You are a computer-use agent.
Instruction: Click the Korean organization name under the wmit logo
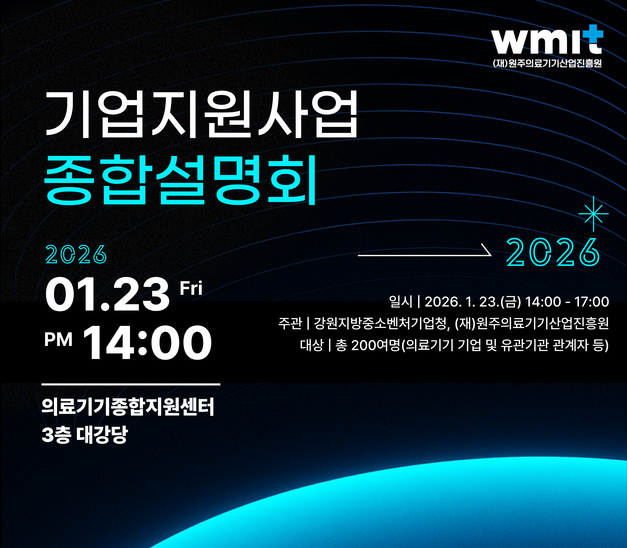(547, 63)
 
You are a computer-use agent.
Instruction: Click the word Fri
(191, 288)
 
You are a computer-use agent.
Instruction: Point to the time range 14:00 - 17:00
(567, 302)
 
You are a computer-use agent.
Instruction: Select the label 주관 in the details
(290, 323)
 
